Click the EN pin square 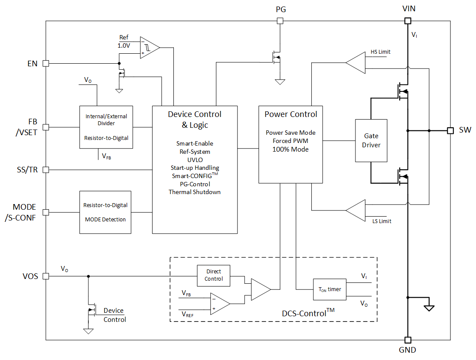(x=46, y=63)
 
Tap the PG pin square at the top (x=280, y=20)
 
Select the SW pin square (x=450, y=130)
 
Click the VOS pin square (x=46, y=276)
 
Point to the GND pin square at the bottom (x=408, y=340)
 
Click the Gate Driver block (x=371, y=140)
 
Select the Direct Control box (x=214, y=275)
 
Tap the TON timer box (x=329, y=289)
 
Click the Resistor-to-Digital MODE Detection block (x=105, y=212)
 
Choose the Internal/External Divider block (x=106, y=127)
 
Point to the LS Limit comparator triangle (x=356, y=211)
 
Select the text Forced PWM (x=290, y=141)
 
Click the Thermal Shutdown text (x=194, y=192)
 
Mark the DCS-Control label (x=306, y=312)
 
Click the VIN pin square (x=408, y=20)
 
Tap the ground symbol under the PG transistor (x=280, y=81)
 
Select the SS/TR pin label (x=26, y=170)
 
